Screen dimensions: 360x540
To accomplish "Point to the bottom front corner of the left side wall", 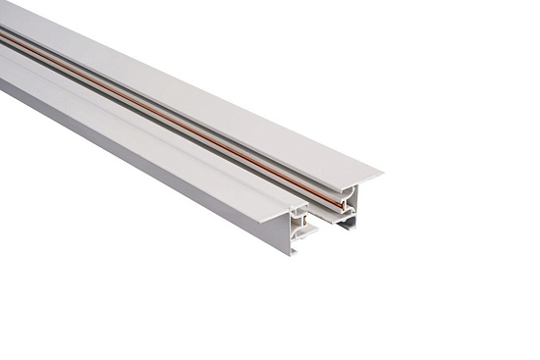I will point(294,253).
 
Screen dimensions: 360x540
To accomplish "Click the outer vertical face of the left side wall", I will point(147,157).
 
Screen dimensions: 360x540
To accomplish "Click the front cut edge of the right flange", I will point(358,184).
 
